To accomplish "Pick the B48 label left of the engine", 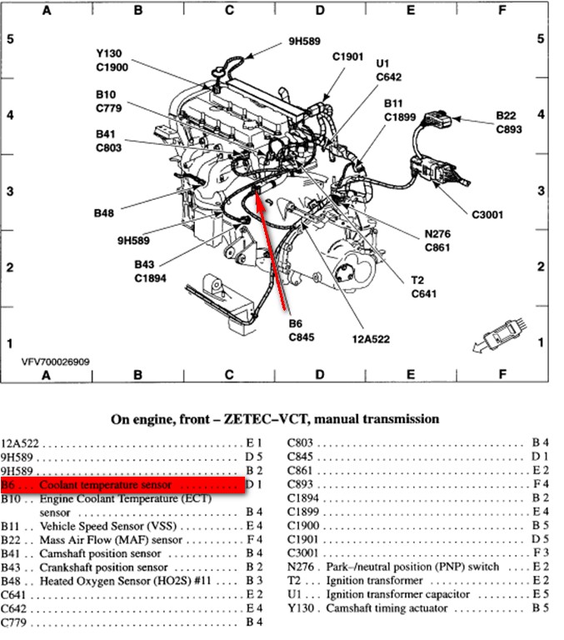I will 104,213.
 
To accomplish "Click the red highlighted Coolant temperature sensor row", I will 122,485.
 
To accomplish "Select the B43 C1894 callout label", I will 152,272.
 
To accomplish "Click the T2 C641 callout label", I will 422,287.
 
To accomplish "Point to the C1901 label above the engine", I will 348,57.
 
